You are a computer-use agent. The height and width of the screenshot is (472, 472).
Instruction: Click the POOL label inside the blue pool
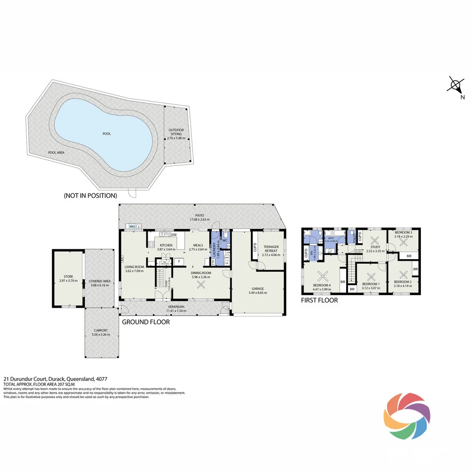click(107, 134)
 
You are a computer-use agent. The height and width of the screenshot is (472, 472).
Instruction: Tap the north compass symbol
click(455, 85)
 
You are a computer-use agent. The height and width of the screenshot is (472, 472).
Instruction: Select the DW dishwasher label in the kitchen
click(174, 235)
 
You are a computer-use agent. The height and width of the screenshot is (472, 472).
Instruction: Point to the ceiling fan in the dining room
click(201, 285)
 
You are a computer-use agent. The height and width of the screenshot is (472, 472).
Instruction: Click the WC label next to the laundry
click(225, 240)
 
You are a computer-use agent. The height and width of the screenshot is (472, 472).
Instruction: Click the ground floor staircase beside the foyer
click(160, 276)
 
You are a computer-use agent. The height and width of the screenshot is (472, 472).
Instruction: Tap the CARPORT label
click(101, 330)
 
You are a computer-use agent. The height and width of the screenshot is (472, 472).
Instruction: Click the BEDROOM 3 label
click(403, 233)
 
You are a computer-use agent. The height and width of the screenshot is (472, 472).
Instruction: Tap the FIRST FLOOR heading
click(319, 300)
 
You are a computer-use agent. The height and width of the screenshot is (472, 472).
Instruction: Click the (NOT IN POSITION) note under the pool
click(90, 195)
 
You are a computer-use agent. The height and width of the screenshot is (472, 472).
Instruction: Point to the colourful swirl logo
click(407, 416)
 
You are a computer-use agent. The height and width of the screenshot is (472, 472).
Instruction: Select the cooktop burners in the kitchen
click(151, 244)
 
